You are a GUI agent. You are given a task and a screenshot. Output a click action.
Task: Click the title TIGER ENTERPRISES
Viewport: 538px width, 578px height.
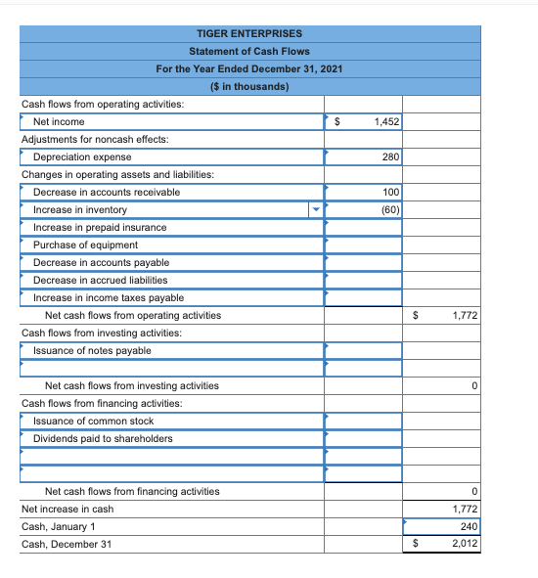249,33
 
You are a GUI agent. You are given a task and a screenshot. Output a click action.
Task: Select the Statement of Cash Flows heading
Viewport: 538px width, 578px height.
249,51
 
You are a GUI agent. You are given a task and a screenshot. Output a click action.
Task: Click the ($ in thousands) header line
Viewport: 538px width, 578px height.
249,86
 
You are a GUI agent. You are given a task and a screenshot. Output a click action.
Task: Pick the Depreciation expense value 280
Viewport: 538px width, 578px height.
391,156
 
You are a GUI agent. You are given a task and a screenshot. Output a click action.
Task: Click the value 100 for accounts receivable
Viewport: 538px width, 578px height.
391,192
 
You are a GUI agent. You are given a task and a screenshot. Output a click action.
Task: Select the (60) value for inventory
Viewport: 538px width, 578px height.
389,209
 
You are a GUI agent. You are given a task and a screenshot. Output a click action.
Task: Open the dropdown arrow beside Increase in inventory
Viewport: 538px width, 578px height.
315,209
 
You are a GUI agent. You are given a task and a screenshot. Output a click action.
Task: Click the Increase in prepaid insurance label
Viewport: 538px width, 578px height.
100,227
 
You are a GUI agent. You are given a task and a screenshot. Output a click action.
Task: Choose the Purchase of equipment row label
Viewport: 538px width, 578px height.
85,245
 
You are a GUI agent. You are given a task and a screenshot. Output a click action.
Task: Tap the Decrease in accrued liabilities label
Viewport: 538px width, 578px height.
100,280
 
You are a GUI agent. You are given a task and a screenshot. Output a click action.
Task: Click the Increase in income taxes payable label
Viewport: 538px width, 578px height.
108,297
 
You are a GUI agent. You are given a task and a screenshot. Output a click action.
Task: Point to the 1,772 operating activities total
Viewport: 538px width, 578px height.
465,315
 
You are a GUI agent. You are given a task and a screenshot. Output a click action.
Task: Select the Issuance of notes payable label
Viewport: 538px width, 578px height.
92,350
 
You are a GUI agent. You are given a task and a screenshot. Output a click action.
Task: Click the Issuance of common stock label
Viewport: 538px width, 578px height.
93,421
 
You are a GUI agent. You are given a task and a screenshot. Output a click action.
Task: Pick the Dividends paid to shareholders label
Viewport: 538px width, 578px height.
103,438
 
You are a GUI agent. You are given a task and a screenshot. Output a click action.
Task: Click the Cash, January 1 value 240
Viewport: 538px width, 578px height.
469,526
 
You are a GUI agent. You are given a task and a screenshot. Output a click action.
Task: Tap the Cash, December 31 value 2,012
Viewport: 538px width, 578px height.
465,544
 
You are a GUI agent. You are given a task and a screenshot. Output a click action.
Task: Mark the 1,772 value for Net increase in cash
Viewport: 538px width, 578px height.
465,509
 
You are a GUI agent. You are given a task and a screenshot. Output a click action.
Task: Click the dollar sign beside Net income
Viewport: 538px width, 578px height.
337,121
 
